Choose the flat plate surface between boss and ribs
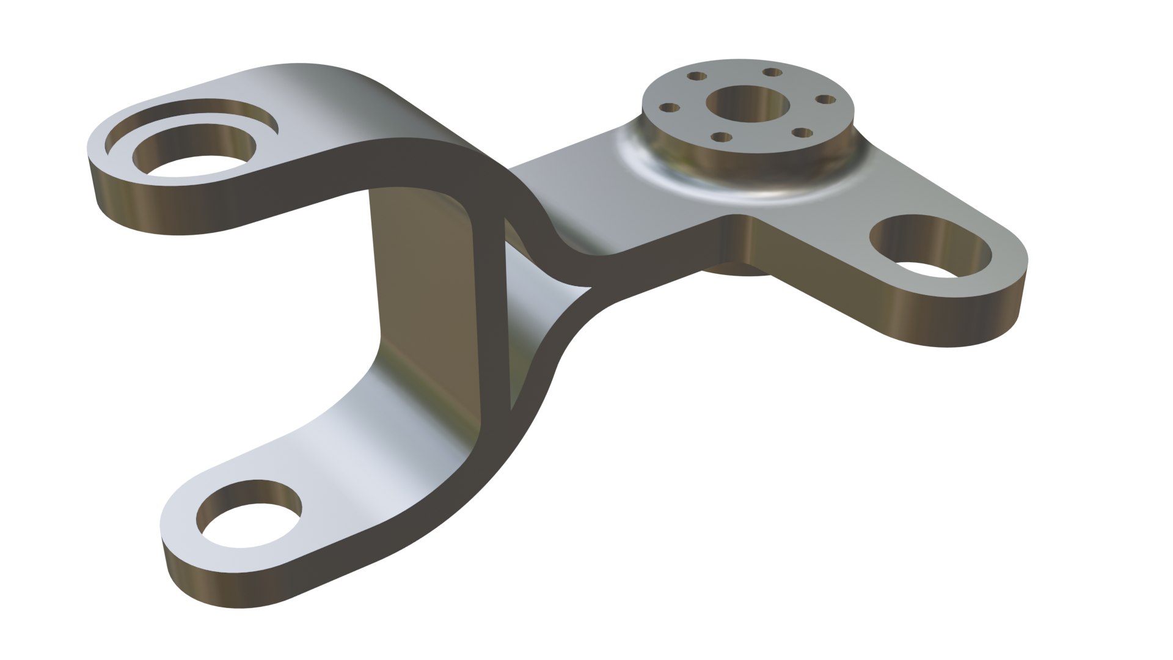586,189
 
